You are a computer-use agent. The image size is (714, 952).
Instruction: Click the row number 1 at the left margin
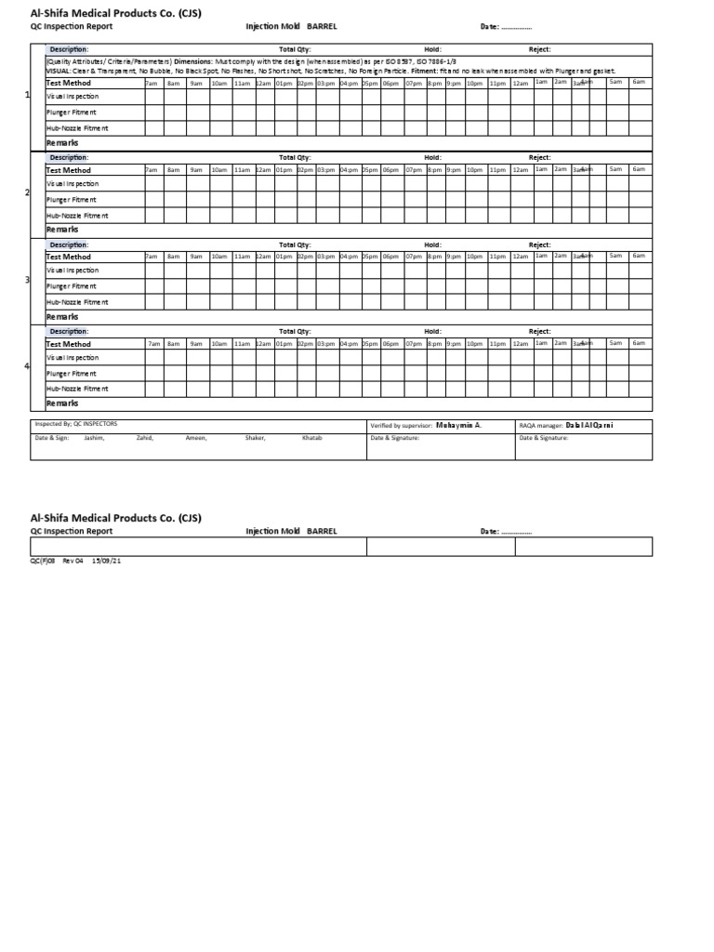(x=27, y=96)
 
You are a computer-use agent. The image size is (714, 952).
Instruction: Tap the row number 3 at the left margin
(x=27, y=279)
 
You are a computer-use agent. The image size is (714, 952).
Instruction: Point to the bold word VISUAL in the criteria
(x=58, y=71)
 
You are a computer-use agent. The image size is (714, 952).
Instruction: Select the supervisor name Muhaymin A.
(x=458, y=425)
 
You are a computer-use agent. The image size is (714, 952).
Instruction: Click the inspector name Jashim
(x=94, y=437)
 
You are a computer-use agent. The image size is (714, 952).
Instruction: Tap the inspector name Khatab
(x=312, y=437)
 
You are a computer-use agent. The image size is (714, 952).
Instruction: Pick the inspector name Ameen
(x=196, y=437)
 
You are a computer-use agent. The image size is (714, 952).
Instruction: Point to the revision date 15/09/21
(x=106, y=561)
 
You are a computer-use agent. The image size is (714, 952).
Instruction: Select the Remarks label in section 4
(x=62, y=403)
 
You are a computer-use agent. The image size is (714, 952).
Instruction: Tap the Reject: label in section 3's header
(x=540, y=245)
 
